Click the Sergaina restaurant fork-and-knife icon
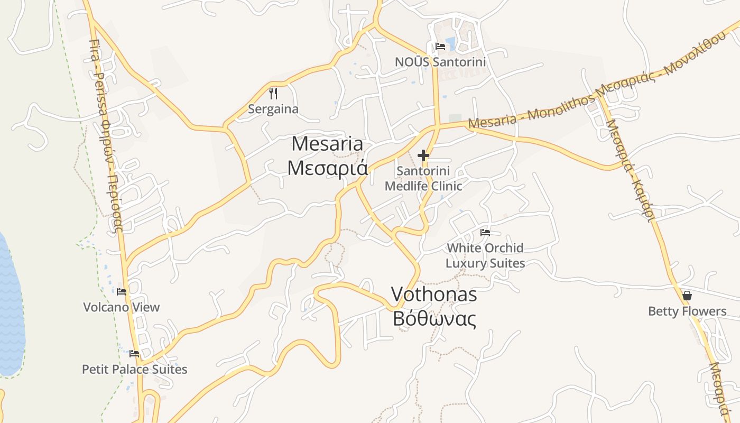click(273, 94)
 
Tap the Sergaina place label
click(273, 109)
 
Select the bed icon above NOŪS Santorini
click(440, 47)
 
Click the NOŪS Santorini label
click(440, 62)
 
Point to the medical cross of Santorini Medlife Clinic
click(423, 155)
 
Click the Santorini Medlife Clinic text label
click(423, 178)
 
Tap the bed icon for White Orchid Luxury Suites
click(485, 233)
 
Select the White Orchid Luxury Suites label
click(485, 255)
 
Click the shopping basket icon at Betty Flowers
click(687, 296)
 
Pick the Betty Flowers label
click(687, 311)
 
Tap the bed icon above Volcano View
click(122, 292)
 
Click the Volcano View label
click(122, 307)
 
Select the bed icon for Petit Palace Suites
click(134, 354)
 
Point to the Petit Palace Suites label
click(134, 369)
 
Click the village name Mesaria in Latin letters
click(327, 144)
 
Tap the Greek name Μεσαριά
click(327, 167)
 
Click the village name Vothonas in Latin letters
click(434, 295)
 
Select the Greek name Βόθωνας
click(434, 319)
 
